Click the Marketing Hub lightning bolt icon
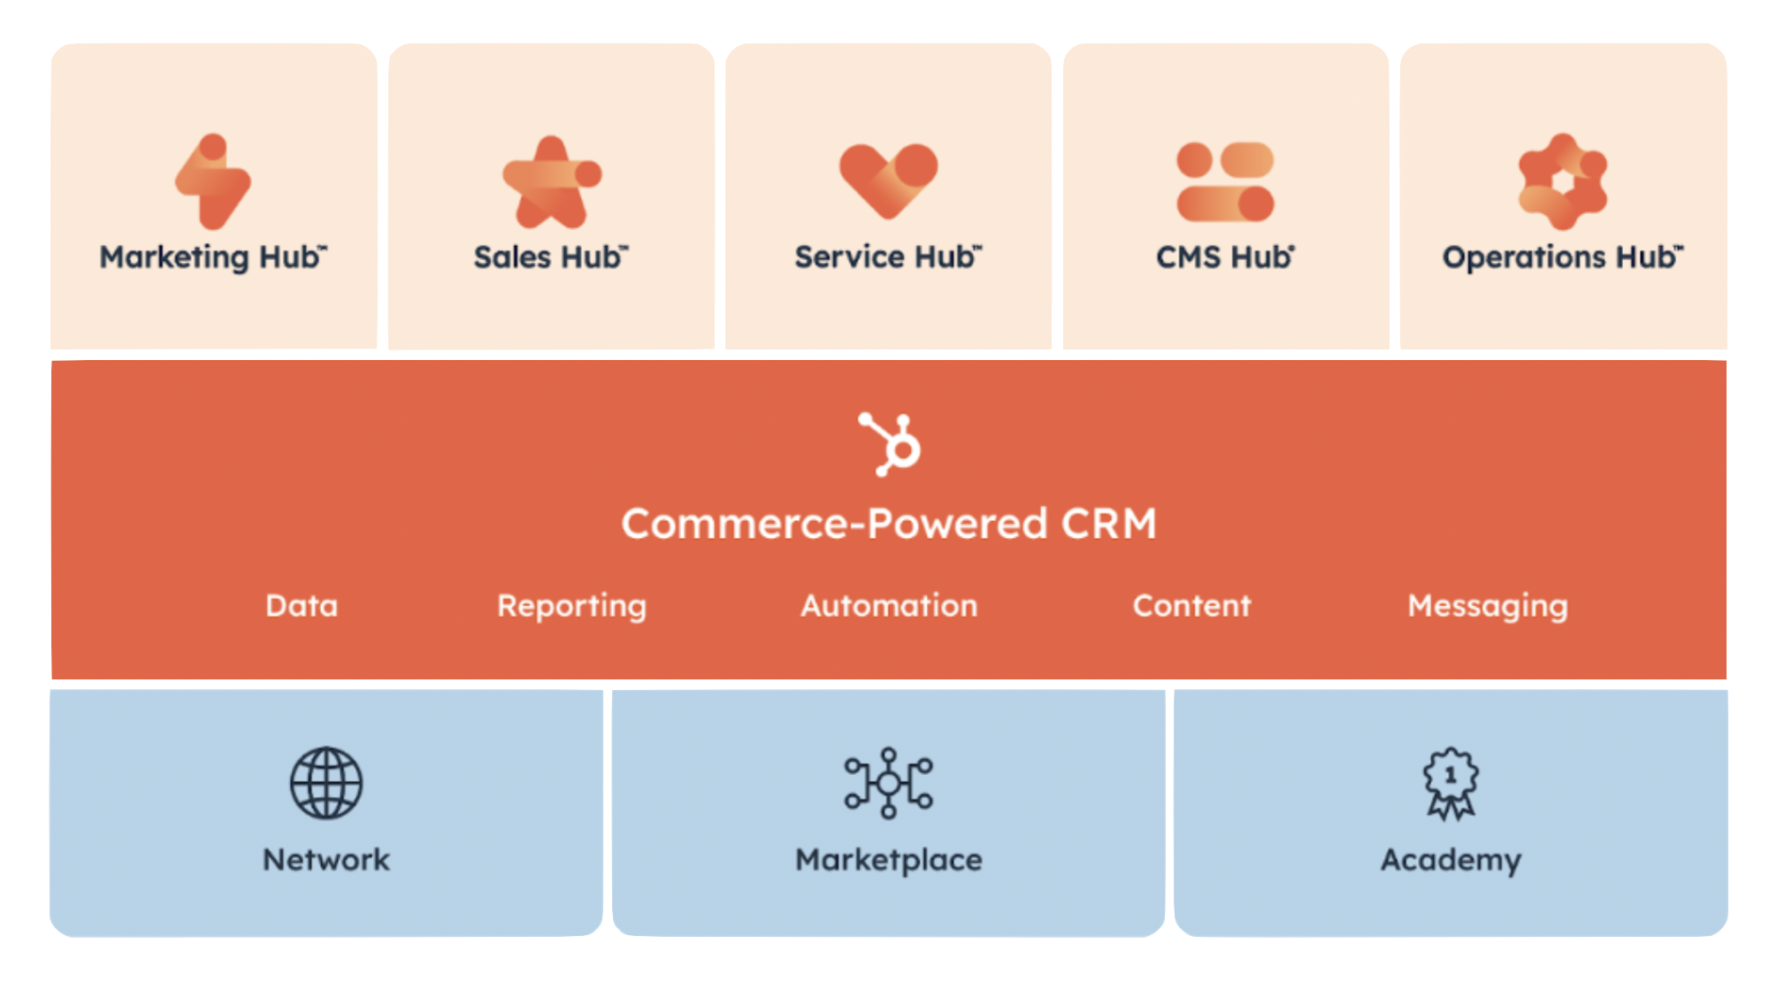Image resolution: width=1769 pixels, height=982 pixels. (x=213, y=181)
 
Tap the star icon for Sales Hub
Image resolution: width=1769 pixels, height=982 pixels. (x=551, y=183)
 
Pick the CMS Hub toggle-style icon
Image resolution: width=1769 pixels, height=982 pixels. (x=1225, y=181)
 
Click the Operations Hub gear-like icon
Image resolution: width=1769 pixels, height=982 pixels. (x=1562, y=181)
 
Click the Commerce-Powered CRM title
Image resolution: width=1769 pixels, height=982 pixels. (x=889, y=523)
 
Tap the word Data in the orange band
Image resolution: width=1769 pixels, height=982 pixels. (x=302, y=606)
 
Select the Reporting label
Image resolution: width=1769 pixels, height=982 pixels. (x=571, y=606)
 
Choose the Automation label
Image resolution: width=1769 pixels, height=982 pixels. (x=889, y=606)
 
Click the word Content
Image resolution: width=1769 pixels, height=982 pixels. (x=1191, y=606)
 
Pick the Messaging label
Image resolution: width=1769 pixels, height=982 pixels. (x=1488, y=606)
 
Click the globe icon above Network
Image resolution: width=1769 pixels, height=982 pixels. (x=326, y=783)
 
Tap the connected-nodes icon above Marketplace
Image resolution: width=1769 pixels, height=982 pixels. (x=889, y=783)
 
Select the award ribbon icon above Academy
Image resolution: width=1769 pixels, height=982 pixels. (x=1451, y=783)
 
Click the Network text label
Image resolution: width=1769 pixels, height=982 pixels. (x=326, y=860)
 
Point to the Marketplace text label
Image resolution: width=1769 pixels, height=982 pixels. (x=889, y=860)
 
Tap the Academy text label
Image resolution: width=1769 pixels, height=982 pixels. (x=1451, y=860)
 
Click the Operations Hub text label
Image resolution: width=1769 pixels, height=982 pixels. (x=1562, y=257)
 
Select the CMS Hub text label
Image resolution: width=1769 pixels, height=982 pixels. (x=1225, y=257)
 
